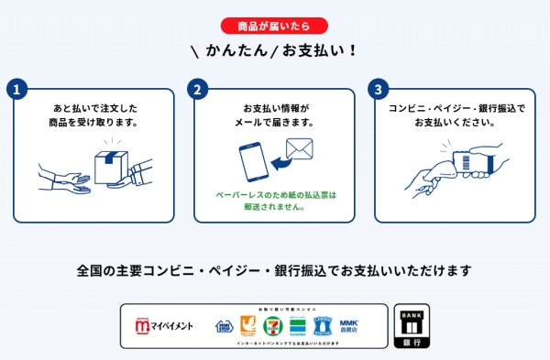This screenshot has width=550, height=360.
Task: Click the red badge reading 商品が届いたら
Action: (275, 25)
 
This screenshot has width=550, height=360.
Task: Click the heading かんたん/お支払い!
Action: (275, 49)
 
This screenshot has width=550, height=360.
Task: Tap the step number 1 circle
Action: (15, 90)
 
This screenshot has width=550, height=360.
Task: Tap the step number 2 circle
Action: (196, 90)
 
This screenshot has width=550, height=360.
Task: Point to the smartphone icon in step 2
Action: (255, 168)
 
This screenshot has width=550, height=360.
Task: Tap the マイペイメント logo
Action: (165, 326)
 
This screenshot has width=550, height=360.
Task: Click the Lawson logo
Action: (321, 325)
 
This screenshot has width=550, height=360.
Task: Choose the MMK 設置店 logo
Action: (348, 325)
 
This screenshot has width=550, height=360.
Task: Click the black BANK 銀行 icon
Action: (411, 325)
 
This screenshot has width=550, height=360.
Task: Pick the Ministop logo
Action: (225, 326)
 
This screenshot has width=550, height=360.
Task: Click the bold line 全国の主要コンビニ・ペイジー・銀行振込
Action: (275, 270)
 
